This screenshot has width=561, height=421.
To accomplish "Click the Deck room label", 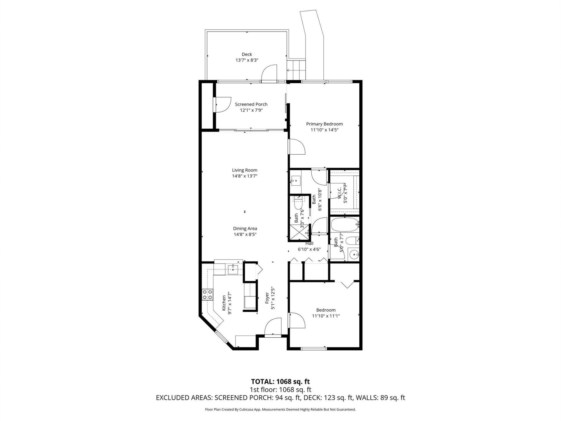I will tap(247, 54).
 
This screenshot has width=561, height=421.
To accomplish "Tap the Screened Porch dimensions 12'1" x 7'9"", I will tap(251, 110).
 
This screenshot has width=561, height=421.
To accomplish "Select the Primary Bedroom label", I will tap(324, 124).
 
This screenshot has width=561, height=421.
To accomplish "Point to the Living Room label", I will tap(245, 170).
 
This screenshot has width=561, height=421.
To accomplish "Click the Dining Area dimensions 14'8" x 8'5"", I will tap(245, 234).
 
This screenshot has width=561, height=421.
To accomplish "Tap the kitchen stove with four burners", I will tap(207, 294).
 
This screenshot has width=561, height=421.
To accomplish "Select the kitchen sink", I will tap(233, 269).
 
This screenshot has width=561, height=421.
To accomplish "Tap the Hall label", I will tap(309, 243).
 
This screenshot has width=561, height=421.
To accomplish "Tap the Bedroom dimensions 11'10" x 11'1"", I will tap(326, 316).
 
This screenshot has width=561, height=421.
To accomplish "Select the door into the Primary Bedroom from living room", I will tap(297, 147).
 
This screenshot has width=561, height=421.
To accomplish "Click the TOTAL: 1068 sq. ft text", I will tap(280, 382).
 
